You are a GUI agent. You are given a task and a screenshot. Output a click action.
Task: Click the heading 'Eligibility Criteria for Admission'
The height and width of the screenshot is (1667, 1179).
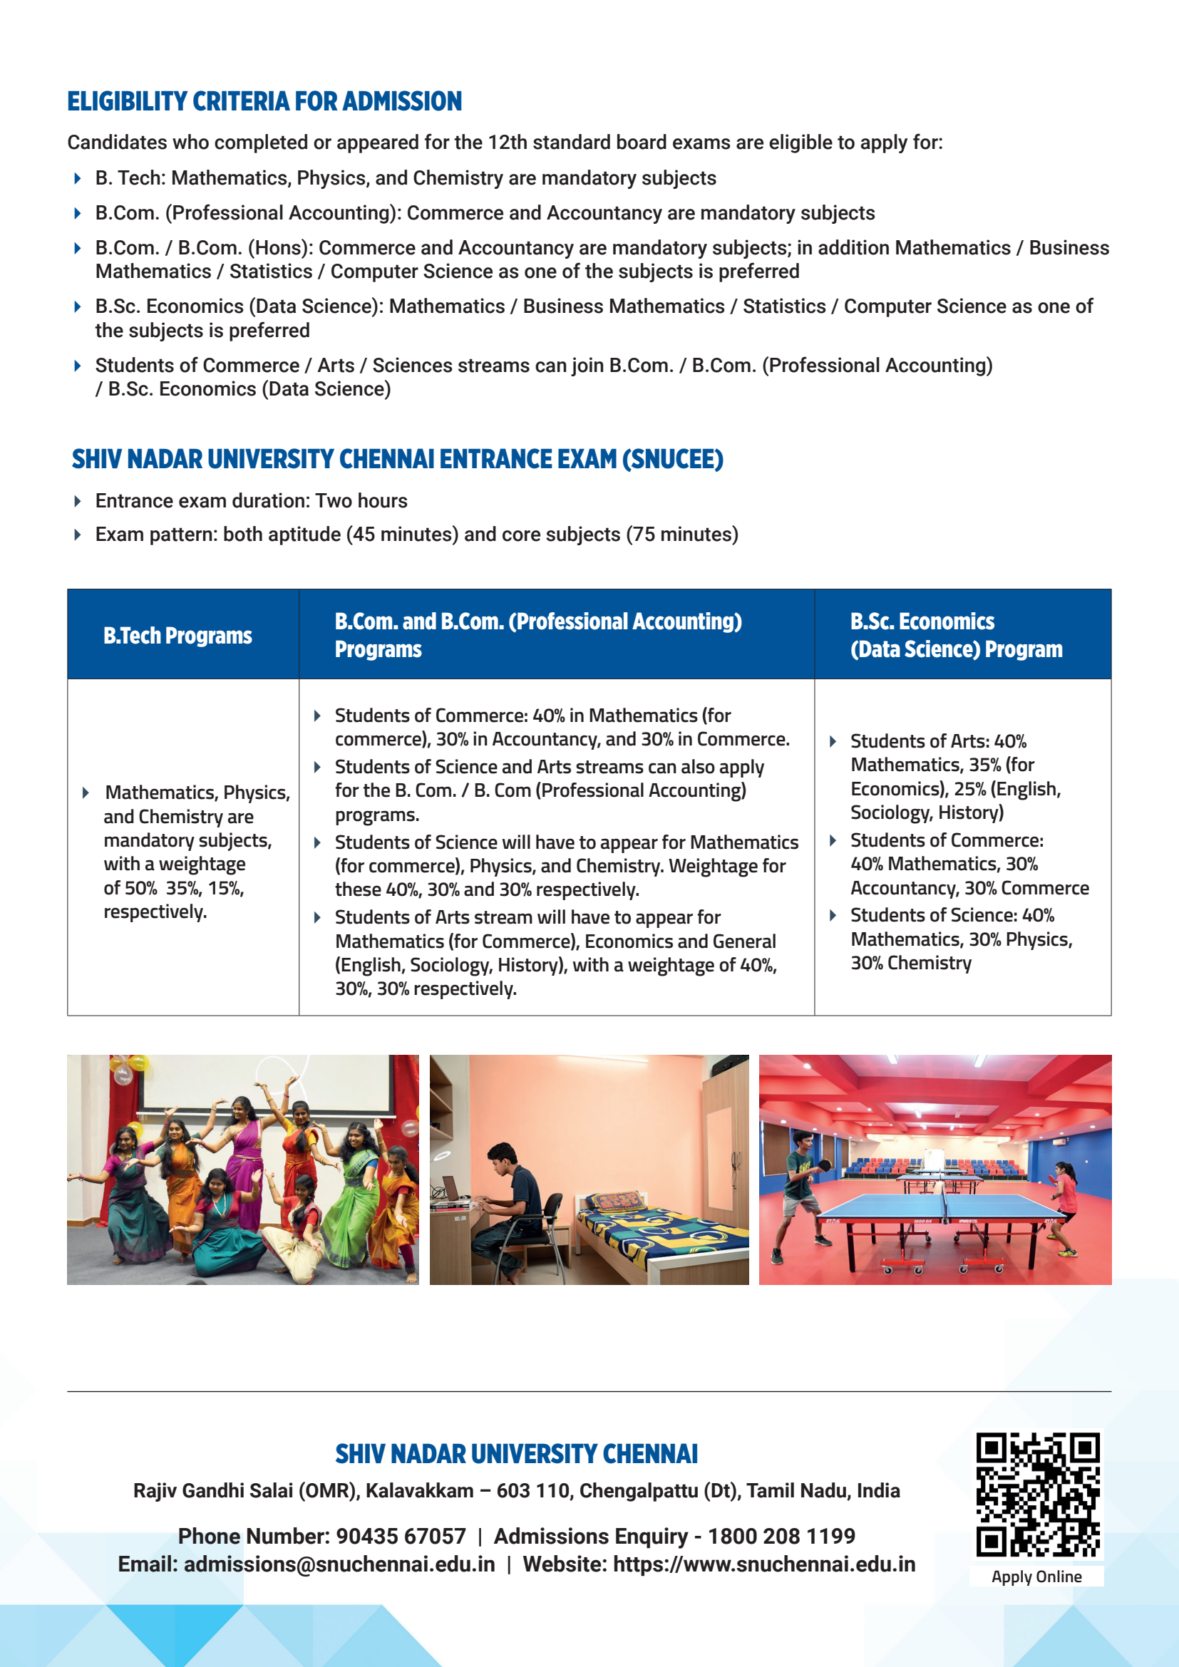[264, 102]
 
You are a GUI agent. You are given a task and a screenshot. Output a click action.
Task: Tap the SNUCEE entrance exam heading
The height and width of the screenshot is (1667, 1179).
[397, 460]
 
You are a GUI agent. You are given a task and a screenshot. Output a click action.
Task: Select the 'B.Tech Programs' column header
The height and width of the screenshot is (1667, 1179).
[177, 635]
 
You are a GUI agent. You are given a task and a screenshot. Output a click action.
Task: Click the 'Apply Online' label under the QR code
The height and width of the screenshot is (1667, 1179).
[1036, 1576]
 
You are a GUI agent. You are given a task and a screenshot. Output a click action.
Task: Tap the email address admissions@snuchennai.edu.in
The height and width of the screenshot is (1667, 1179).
[339, 1564]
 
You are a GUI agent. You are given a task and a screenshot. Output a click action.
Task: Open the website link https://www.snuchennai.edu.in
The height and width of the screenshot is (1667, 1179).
[763, 1564]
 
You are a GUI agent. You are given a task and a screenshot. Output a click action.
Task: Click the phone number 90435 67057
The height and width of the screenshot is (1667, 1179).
[401, 1537]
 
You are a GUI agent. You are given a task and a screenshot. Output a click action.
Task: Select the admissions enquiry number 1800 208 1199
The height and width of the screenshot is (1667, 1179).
[781, 1537]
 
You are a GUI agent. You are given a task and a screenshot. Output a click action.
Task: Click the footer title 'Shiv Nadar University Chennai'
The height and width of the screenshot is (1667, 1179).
[516, 1455]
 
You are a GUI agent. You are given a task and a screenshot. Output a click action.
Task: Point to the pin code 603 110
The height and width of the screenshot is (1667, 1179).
[533, 1490]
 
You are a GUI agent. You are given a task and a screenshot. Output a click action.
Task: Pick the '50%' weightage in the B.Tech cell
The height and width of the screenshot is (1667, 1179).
[140, 888]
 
